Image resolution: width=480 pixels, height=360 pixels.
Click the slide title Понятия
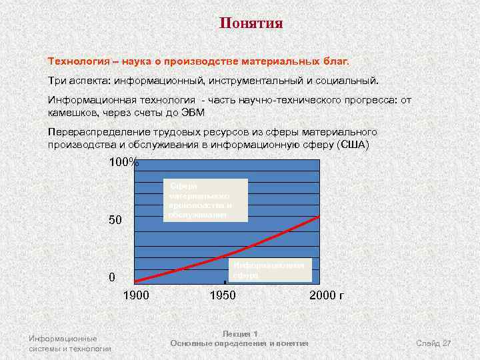click(251, 24)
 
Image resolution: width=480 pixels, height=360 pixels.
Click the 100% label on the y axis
click(123, 163)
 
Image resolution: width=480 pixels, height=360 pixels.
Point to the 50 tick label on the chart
click(115, 219)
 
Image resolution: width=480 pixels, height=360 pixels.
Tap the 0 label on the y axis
click(112, 277)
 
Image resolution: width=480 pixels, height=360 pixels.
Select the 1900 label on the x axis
click(137, 295)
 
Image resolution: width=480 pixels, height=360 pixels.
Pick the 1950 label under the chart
click(223, 295)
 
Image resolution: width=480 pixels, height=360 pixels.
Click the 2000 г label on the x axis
click(327, 295)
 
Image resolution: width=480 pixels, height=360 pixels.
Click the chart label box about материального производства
click(205, 200)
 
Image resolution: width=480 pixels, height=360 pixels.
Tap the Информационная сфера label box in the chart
click(270, 269)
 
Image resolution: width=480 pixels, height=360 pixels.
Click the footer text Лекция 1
click(239, 333)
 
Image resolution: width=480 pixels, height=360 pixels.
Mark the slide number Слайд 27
click(433, 343)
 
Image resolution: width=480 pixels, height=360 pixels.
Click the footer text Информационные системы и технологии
click(69, 343)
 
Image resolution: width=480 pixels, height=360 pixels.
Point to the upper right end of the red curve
click(320, 216)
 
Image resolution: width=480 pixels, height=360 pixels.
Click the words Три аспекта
click(77, 80)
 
